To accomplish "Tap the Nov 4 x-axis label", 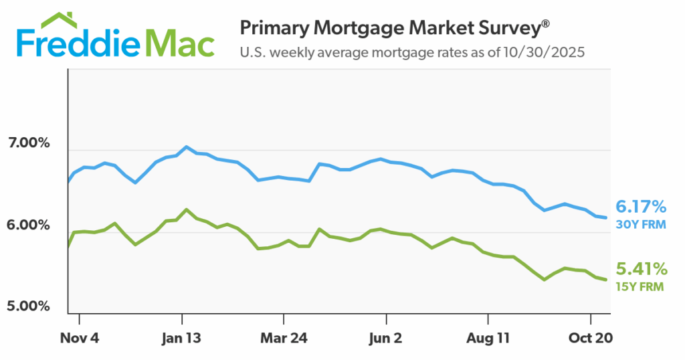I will [x=79, y=338].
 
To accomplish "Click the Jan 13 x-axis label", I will [x=181, y=338].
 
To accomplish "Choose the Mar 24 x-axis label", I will [x=284, y=338].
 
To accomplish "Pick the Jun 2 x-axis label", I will [x=386, y=338].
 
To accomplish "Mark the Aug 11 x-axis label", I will [x=488, y=338].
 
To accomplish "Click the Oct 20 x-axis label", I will [x=590, y=338].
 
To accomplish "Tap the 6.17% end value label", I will [x=641, y=206].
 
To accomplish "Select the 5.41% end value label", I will [x=641, y=270].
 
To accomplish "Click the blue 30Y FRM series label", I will [x=640, y=225].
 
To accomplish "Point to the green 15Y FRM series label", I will [x=640, y=288].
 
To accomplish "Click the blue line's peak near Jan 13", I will [x=187, y=147].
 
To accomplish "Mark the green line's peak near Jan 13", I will [x=187, y=209].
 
